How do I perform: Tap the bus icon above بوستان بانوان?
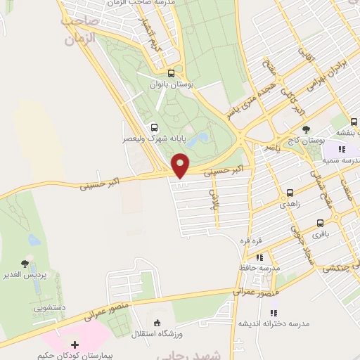click(171, 73)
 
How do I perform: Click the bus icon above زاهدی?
click(290, 192)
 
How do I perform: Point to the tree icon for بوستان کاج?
click(306, 129)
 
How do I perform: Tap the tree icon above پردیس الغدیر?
click(25, 264)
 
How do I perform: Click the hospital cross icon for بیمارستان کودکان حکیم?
click(75, 344)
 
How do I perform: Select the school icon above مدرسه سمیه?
click(342, 149)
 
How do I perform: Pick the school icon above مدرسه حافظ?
click(259, 258)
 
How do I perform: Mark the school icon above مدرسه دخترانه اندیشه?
click(274, 311)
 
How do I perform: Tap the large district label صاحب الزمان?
click(79, 31)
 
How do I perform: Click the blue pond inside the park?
click(203, 137)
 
